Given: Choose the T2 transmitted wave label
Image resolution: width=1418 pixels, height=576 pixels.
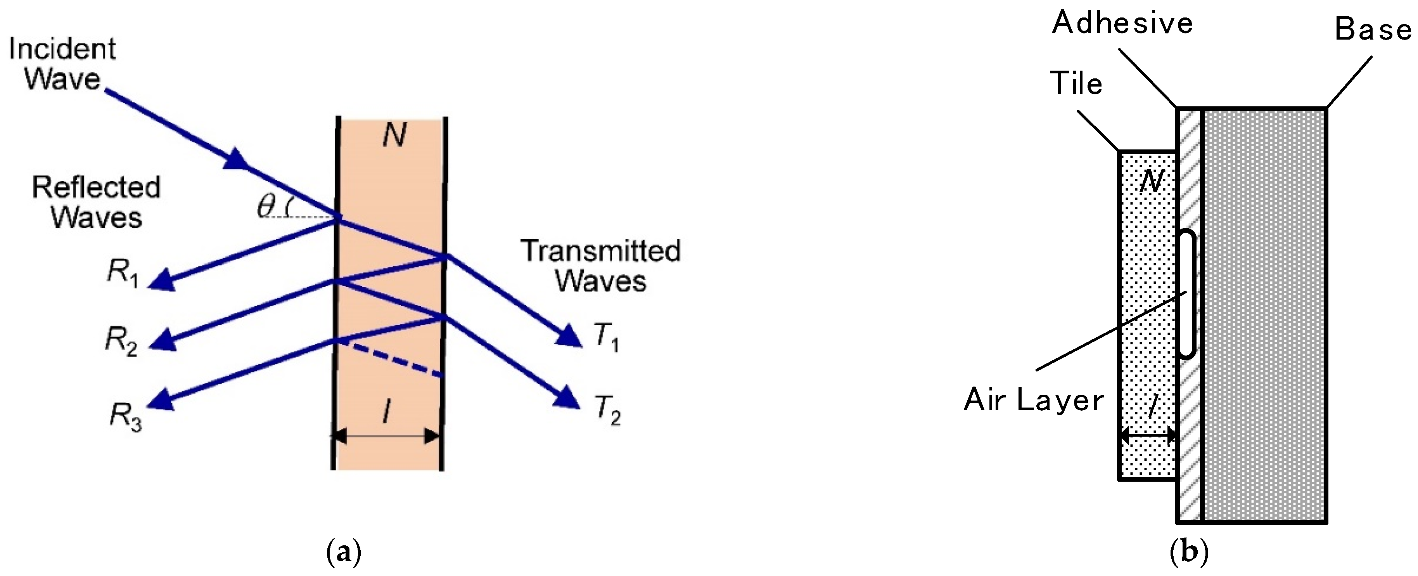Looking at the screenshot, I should pyautogui.click(x=607, y=411).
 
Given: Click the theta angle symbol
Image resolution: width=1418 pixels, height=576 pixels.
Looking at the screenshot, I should pyautogui.click(x=266, y=206).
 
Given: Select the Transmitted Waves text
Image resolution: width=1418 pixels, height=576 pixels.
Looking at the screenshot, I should pyautogui.click(x=600, y=265).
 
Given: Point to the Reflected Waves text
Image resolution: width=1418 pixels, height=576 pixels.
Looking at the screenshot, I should pyautogui.click(x=96, y=202).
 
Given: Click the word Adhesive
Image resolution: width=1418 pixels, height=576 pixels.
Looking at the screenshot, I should pyautogui.click(x=1122, y=23).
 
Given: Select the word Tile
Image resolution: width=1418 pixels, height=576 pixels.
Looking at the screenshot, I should pyautogui.click(x=1076, y=84).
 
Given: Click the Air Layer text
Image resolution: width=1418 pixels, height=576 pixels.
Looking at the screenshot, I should pyautogui.click(x=1034, y=400).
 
